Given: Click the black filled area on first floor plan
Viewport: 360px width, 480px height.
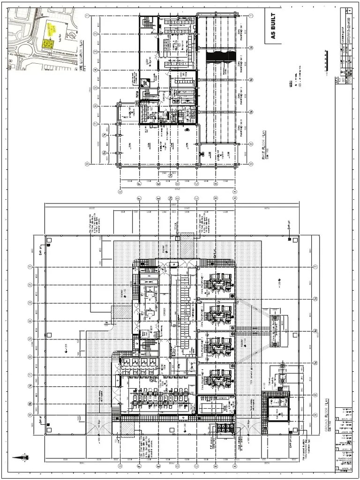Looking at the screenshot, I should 220,56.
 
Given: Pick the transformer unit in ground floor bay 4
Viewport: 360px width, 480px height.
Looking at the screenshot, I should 218,378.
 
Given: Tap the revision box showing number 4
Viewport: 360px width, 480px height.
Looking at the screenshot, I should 349,10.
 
